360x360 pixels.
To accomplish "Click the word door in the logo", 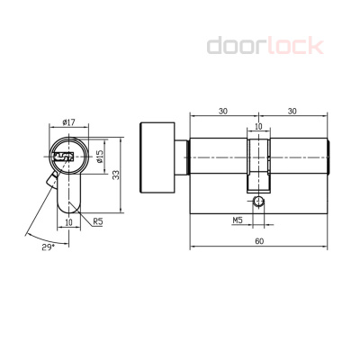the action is click(237, 46).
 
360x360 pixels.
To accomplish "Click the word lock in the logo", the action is click(295, 46).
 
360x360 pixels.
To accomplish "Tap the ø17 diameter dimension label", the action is click(68, 122).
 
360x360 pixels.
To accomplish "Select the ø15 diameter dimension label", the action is click(100, 156).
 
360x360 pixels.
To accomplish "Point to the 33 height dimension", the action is click(116, 175).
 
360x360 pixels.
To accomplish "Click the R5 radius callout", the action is click(98, 221).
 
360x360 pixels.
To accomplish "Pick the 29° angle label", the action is click(49, 247).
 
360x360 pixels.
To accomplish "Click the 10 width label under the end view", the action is click(69, 222).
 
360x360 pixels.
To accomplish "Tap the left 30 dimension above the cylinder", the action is click(223, 112).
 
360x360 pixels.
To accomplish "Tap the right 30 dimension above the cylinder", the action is click(292, 112).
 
